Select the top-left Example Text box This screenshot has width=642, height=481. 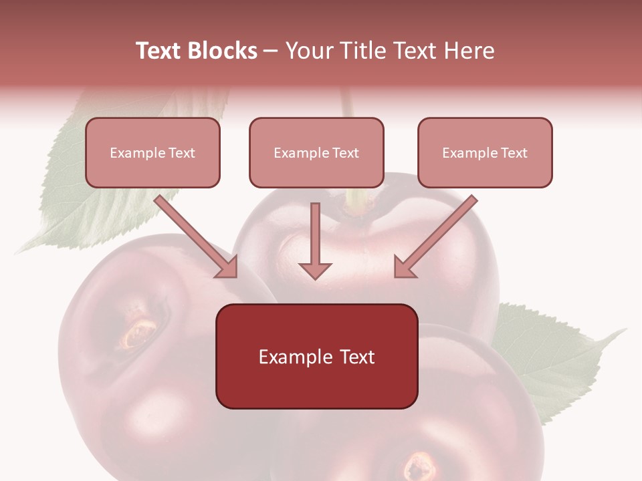pyautogui.click(x=152, y=153)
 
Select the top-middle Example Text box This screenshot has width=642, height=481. pyautogui.click(x=316, y=153)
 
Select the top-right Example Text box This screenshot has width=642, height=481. pyautogui.click(x=485, y=153)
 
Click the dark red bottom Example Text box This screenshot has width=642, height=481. pyautogui.click(x=316, y=357)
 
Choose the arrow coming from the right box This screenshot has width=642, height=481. pyautogui.click(x=438, y=234)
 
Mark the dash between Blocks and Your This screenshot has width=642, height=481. pyautogui.click(x=271, y=51)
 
